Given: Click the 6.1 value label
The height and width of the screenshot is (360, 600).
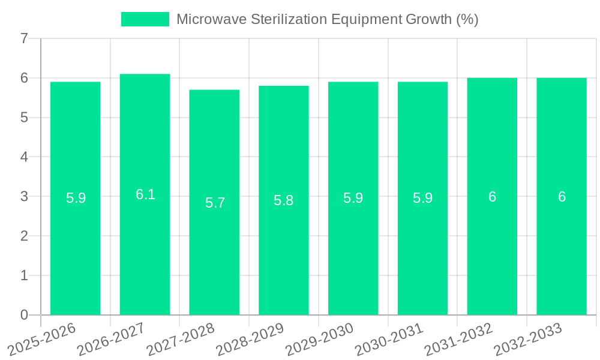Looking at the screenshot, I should tap(145, 194).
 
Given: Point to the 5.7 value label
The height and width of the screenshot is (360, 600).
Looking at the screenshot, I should tap(215, 203).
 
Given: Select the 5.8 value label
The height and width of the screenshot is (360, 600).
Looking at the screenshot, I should tap(284, 200).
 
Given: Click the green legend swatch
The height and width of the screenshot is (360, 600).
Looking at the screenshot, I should tap(145, 19).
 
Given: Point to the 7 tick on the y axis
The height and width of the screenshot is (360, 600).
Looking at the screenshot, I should tap(24, 39).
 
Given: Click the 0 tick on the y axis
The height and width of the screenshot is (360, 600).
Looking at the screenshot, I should tap(24, 315).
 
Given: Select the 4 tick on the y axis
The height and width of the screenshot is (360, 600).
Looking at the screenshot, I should tap(24, 157).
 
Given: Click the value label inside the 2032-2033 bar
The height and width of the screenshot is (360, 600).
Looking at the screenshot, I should tap(562, 197).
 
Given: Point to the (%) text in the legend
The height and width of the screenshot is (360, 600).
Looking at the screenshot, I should tap(467, 19).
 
